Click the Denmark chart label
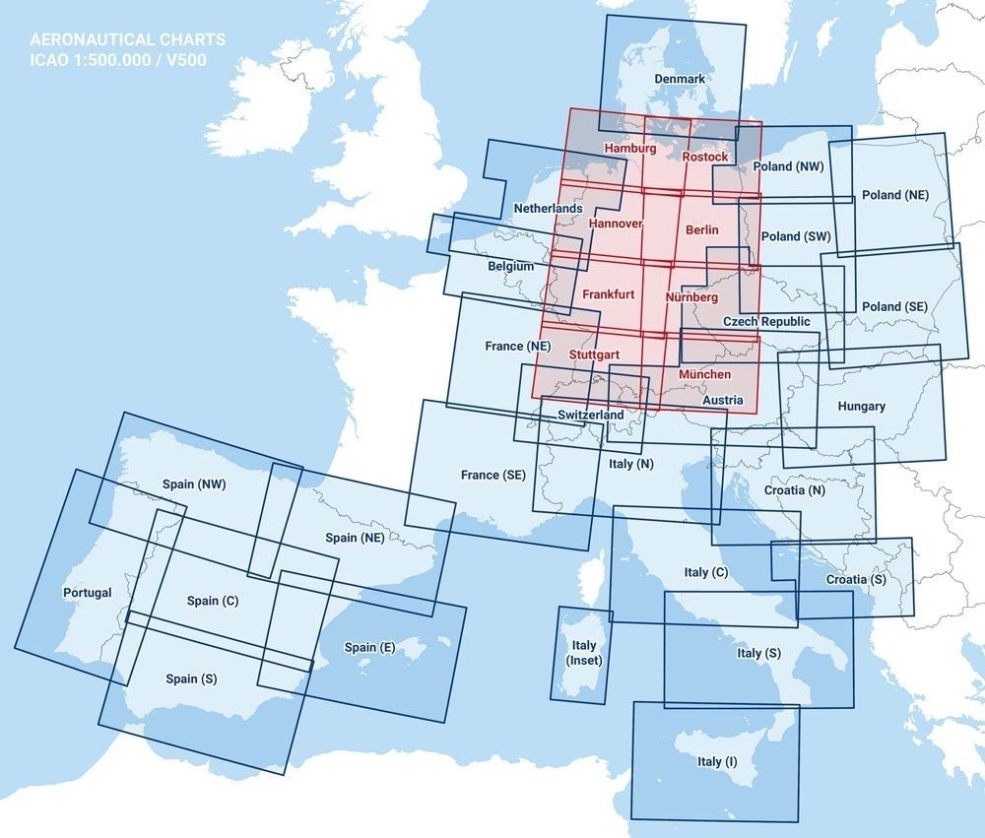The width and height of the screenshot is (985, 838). pyautogui.click(x=680, y=79)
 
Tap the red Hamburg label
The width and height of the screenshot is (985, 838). pyautogui.click(x=629, y=148)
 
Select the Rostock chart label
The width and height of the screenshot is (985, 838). pyautogui.click(x=705, y=157)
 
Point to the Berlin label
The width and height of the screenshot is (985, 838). pyautogui.click(x=701, y=229)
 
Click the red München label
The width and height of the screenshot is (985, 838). pyautogui.click(x=705, y=375)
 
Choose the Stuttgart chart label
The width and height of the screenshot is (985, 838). pyautogui.click(x=594, y=353)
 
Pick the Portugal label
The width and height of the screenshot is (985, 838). pyautogui.click(x=87, y=593)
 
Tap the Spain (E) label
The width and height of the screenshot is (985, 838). pyautogui.click(x=369, y=647)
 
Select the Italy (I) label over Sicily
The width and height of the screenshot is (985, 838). pyautogui.click(x=716, y=761)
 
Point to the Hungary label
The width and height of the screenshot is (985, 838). pyautogui.click(x=861, y=406)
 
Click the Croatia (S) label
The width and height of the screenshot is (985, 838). pyautogui.click(x=855, y=579)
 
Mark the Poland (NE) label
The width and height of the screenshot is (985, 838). pyautogui.click(x=894, y=195)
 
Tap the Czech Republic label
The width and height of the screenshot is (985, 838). pyautogui.click(x=766, y=322)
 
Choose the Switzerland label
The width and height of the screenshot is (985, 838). pyautogui.click(x=590, y=416)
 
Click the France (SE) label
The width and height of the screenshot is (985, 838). pyautogui.click(x=492, y=475)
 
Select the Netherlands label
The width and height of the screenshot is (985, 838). pyautogui.click(x=548, y=209)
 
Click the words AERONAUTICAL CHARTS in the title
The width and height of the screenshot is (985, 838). pyautogui.click(x=127, y=40)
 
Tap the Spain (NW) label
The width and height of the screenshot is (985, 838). pyautogui.click(x=194, y=484)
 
